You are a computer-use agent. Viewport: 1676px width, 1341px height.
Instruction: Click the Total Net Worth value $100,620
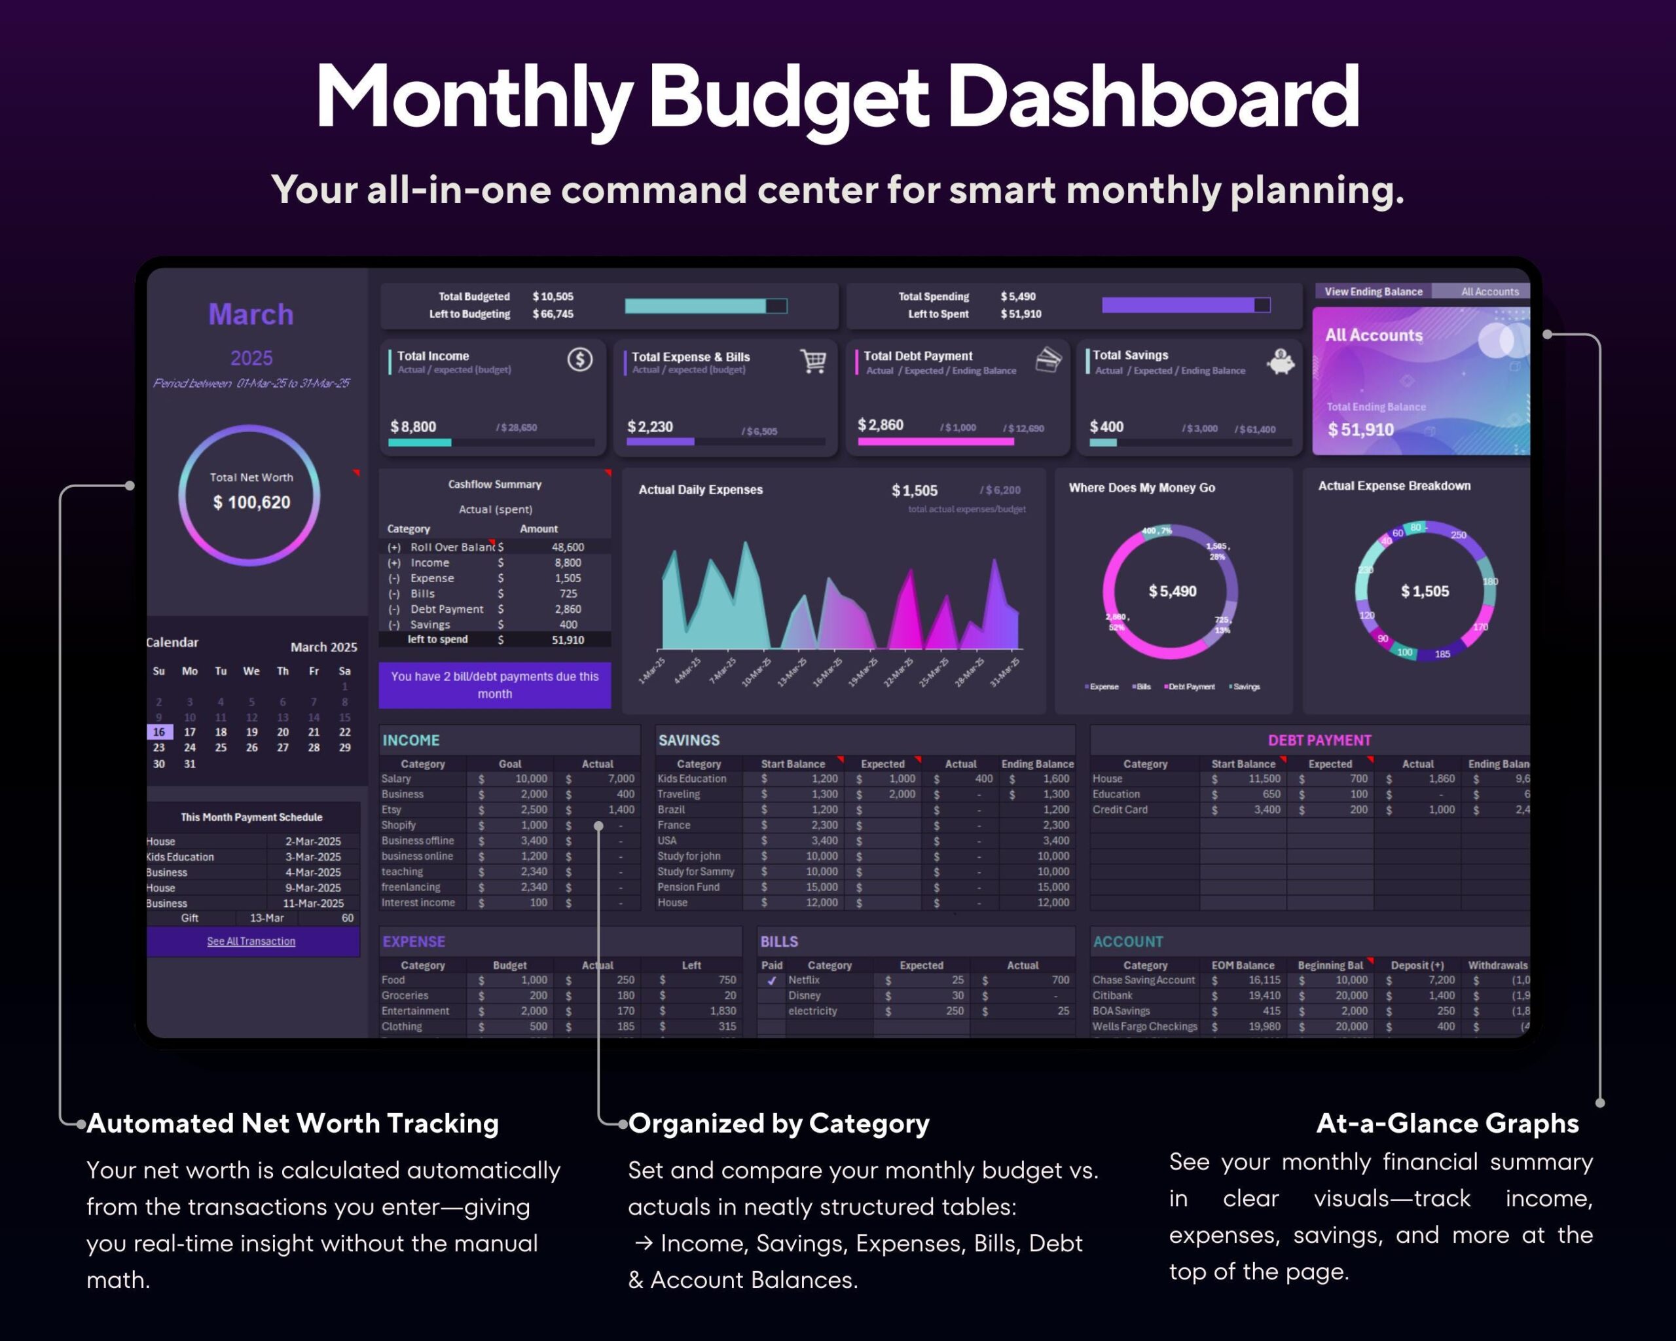[x=251, y=503]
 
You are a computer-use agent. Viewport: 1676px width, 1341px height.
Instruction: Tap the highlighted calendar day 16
[x=158, y=732]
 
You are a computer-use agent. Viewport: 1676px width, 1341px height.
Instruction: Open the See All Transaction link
[x=251, y=942]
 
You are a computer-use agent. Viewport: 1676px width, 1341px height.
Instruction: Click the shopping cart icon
[x=813, y=361]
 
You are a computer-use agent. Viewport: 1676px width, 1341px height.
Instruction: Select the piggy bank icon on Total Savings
[x=1281, y=361]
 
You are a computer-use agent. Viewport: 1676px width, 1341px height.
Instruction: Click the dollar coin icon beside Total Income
[x=580, y=359]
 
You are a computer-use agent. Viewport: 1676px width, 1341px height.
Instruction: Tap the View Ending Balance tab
[x=1373, y=291]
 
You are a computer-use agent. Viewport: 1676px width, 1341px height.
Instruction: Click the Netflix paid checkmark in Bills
[x=771, y=980]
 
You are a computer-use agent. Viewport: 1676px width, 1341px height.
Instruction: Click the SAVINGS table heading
[x=689, y=740]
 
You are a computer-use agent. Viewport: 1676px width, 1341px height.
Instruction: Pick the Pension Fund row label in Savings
[x=688, y=887]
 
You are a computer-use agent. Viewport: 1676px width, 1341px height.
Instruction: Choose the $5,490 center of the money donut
[x=1173, y=591]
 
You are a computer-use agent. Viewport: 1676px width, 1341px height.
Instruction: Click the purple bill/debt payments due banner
[x=494, y=685]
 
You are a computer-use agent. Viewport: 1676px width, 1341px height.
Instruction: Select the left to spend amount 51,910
[x=568, y=640]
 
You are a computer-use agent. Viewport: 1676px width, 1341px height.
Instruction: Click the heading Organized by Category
[x=778, y=1124]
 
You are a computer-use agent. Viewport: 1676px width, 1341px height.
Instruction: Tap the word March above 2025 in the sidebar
[x=251, y=315]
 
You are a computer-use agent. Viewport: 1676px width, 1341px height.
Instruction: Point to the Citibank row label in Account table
[x=1112, y=996]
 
